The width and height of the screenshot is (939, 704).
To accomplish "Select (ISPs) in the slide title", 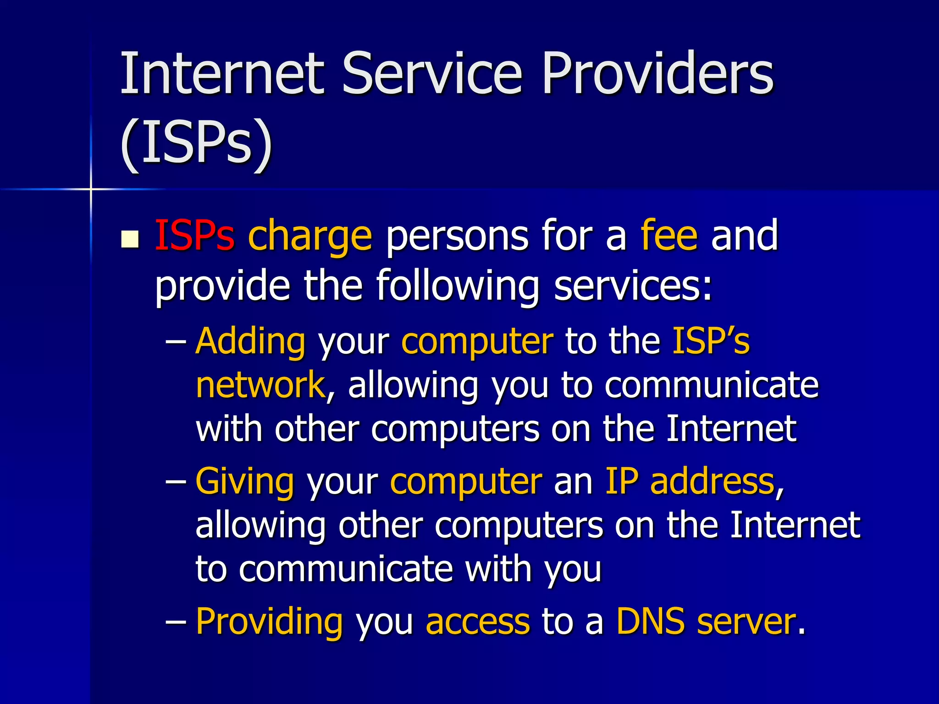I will point(196,143).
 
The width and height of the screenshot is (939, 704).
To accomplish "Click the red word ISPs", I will point(195,236).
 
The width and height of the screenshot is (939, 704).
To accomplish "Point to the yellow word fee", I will point(669,236).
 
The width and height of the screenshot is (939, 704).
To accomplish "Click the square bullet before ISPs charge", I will point(130,239).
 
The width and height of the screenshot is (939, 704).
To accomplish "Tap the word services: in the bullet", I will point(633,286).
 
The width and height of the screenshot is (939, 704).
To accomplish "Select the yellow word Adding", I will point(250,341).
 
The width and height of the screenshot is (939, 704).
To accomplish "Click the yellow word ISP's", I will point(711,341).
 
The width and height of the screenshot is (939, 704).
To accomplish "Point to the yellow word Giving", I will point(245,482).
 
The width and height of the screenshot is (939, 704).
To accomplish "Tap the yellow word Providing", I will point(269,622).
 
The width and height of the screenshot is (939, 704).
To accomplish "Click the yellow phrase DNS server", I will point(706,622).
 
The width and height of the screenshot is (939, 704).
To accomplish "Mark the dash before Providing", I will point(176,622).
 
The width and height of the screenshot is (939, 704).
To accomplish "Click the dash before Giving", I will point(176,482).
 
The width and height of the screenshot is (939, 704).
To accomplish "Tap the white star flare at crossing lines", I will point(91,189).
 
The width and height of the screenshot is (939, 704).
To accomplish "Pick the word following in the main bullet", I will point(458,286).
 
